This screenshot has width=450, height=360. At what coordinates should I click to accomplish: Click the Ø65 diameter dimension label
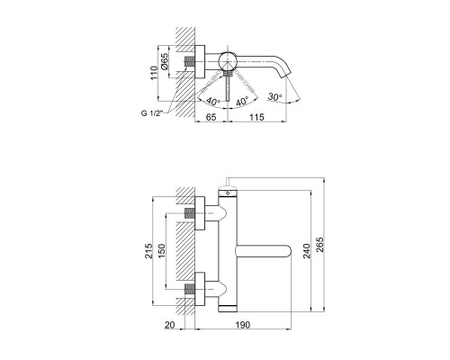coord(164,61)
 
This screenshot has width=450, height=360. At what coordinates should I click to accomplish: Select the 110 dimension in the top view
coord(154,73)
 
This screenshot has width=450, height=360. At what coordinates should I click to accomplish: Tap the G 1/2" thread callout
coord(152,113)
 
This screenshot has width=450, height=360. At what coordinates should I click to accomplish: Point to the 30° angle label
coord(274,97)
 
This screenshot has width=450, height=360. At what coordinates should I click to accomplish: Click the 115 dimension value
coord(256,117)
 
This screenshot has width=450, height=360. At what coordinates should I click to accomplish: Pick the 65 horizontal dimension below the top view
coord(211,117)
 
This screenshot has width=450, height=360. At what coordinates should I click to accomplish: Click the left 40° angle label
coord(213,101)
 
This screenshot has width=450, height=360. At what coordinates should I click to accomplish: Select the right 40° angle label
coord(242,101)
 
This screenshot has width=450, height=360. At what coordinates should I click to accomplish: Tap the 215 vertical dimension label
coord(148,251)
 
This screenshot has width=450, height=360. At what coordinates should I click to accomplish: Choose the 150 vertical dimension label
coord(161,251)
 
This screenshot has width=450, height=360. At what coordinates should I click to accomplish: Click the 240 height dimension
coord(307,251)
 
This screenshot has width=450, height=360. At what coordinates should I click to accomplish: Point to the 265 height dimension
coord(319,245)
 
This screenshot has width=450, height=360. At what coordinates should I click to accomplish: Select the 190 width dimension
coord(243,325)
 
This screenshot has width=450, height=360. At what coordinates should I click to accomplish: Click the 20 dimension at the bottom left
coord(169,325)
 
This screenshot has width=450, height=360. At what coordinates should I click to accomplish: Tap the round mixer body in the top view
coord(228,61)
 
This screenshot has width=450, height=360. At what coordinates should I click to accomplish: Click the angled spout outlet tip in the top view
coord(286,74)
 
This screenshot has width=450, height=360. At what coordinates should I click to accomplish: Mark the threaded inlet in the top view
coord(189,62)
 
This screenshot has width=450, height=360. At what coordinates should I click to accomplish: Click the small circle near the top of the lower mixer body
coord(228,193)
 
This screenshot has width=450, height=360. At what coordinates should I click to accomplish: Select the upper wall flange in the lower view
coord(200,213)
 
